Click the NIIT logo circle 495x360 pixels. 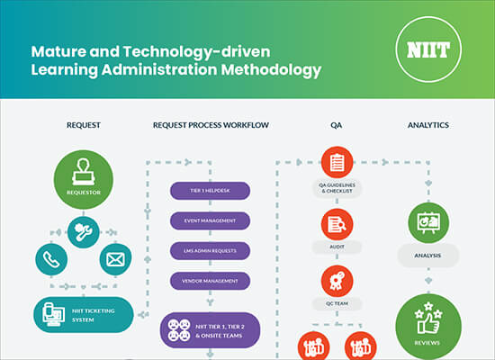pos(428,49)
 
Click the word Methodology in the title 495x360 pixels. pos(271,70)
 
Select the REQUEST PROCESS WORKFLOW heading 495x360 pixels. pos(211,125)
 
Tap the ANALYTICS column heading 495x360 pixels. pos(428,125)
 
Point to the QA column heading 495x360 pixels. pos(337,125)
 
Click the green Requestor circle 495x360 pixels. pos(84,179)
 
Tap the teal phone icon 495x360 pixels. pos(51,259)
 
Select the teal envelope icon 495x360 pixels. pos(115,259)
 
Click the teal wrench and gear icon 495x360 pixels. pos(84,232)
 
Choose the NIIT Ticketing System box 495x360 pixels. pos(84,315)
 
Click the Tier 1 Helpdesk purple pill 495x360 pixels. pos(210,191)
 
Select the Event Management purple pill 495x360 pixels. pos(210,220)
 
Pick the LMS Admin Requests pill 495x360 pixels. pos(210,251)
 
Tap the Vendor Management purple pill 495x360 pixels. pos(210,281)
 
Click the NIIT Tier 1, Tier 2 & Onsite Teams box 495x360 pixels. pos(210,330)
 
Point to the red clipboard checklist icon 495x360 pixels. pos(337,162)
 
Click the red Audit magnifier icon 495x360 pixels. pos(337,224)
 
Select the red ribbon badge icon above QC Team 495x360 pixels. pos(337,281)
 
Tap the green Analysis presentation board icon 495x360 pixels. pos(428,222)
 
